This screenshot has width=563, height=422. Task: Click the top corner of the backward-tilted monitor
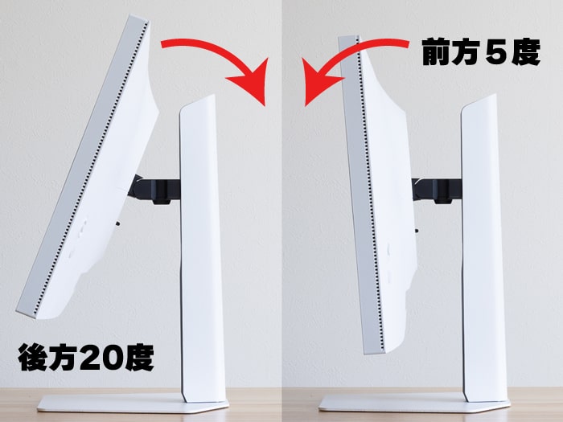[138, 18]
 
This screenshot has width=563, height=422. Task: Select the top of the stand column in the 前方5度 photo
[479, 103]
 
